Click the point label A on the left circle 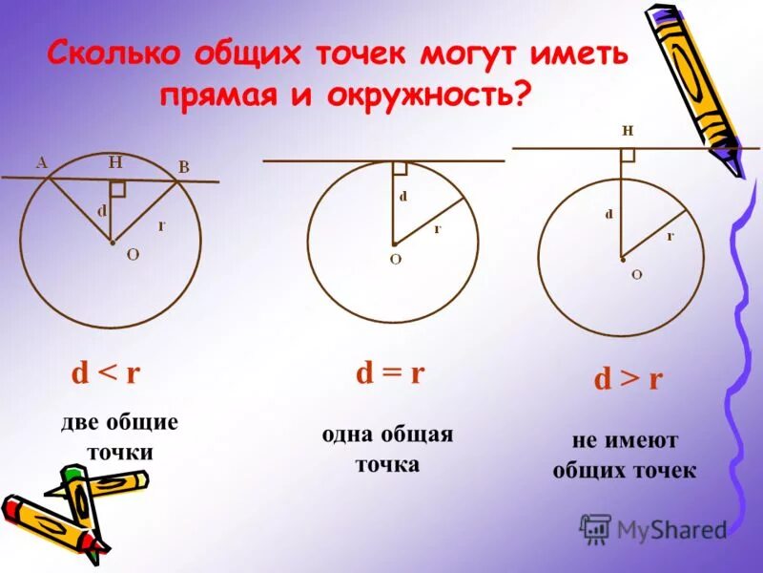pos(42,162)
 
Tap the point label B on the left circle pos(184,167)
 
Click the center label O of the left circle pos(133,254)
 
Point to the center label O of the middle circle pos(395,259)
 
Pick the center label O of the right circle pos(636,274)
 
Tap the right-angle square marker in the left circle pos(117,188)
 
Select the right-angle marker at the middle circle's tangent pos(400,168)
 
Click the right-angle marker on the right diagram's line pos(628,155)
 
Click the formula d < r pos(105,372)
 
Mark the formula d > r pos(628,379)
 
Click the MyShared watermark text pos(671,529)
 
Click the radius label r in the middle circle pos(437,229)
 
